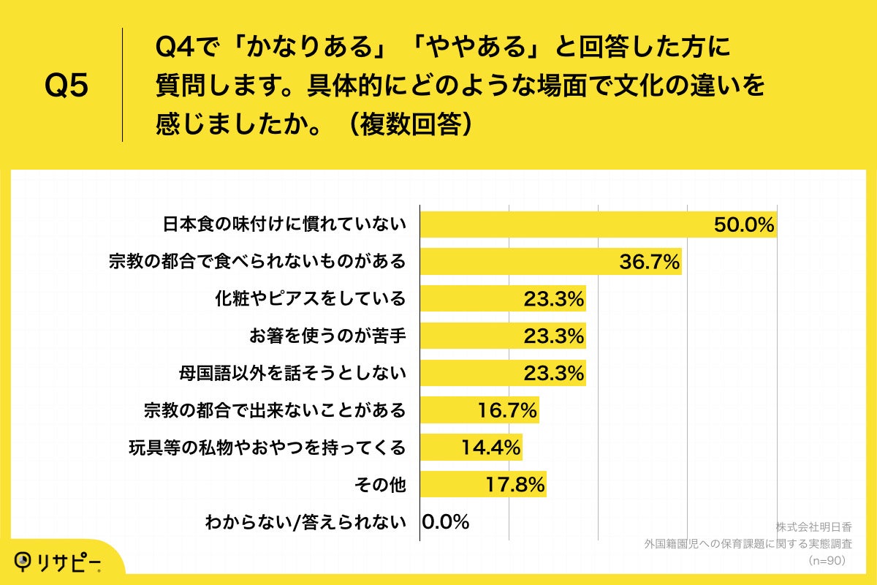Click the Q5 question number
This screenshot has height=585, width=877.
67,86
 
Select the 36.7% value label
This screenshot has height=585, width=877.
650,262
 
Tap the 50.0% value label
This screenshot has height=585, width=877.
744,224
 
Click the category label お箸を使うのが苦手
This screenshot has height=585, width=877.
327,336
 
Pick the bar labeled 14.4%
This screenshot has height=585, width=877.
471,448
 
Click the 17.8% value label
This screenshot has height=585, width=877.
515,485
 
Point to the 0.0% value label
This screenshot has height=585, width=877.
446,522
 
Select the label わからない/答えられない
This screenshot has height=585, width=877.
305,522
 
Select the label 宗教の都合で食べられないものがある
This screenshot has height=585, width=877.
257,262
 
